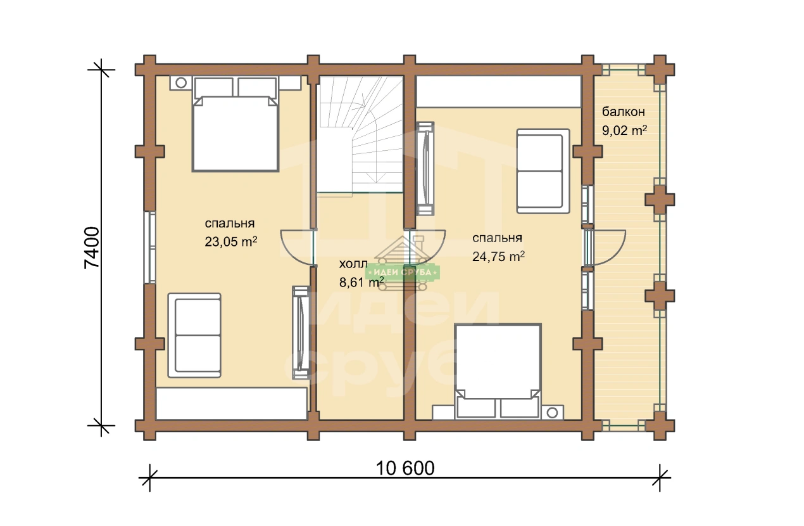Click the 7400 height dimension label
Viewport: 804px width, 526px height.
click(x=92, y=248)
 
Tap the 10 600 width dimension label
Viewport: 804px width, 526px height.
click(x=405, y=468)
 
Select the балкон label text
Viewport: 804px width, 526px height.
click(x=624, y=112)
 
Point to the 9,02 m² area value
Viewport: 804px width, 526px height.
click(x=625, y=130)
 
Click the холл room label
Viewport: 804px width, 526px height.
click(x=353, y=264)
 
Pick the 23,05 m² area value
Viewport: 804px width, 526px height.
click(x=231, y=241)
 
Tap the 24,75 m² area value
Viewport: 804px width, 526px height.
click(x=498, y=256)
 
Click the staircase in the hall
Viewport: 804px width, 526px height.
click(x=360, y=134)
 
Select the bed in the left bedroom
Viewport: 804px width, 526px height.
click(x=236, y=123)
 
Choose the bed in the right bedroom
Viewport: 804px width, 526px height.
click(x=498, y=372)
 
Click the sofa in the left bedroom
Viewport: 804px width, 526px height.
click(x=194, y=335)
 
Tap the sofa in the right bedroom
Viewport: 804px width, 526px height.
click(x=543, y=171)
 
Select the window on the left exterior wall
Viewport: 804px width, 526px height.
click(x=151, y=247)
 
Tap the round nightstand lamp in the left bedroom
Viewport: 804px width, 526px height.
click(x=181, y=83)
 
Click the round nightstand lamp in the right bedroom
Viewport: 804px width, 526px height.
click(x=553, y=413)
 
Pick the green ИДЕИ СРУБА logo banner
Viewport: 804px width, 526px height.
click(x=403, y=273)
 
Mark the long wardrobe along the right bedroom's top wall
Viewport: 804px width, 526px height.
click(x=498, y=91)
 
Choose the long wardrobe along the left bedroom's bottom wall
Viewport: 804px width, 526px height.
click(x=232, y=404)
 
